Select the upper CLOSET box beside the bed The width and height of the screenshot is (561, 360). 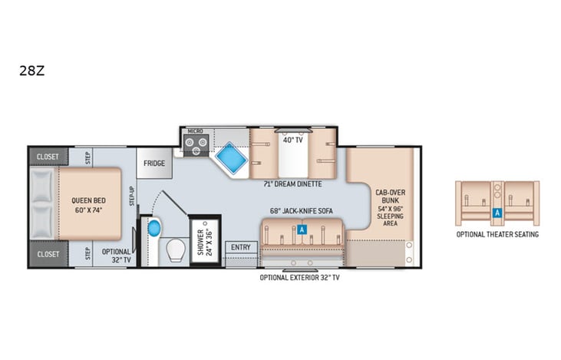click(x=48, y=156)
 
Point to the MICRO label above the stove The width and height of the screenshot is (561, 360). click(x=194, y=131)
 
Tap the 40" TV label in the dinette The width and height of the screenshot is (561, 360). click(x=291, y=140)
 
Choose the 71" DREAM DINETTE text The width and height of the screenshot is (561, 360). click(x=292, y=184)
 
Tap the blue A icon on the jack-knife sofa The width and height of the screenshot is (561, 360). click(x=302, y=230)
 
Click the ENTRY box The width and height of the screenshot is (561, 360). click(x=241, y=247)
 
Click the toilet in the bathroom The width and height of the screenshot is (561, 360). click(x=176, y=249)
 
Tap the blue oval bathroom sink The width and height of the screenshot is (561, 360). click(x=153, y=228)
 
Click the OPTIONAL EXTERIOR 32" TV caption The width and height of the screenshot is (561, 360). click(x=299, y=277)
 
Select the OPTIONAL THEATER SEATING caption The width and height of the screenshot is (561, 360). click(x=497, y=234)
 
